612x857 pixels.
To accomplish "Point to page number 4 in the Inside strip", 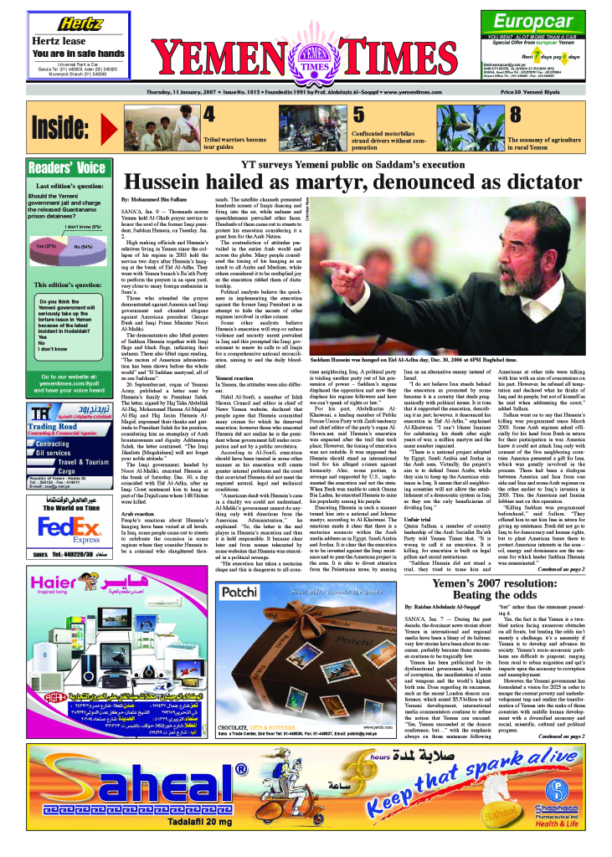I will (209, 115).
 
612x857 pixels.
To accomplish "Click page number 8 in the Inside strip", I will (516, 115).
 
